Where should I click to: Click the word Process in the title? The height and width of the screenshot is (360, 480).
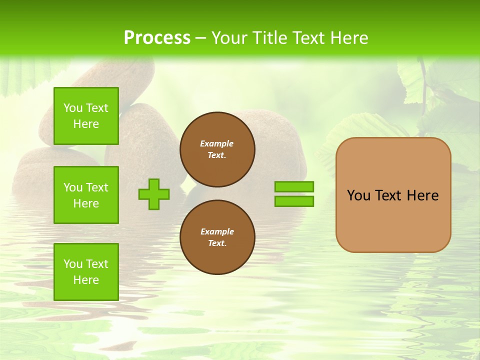coord(157,38)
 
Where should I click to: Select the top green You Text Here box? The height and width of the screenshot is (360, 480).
coord(86,116)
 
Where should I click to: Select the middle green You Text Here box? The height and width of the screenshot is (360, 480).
coord(86,195)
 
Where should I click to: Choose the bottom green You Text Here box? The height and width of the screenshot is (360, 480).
coord(86,271)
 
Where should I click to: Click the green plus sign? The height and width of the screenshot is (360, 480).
coord(153,194)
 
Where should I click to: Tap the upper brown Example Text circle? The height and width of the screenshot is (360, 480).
coord(217,149)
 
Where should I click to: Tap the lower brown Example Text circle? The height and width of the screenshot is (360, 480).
coord(217,237)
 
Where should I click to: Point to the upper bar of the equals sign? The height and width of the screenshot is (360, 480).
coord(294,186)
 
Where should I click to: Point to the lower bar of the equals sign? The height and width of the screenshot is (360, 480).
coord(294,201)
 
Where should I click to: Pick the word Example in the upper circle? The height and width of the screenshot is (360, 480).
coord(216,143)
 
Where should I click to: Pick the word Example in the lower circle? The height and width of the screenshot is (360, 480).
coord(217,231)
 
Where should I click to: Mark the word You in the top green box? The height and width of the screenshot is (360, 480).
coord(73,108)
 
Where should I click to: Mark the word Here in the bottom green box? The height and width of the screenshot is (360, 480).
coord(86,280)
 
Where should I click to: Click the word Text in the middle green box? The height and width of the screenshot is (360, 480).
coord(96,187)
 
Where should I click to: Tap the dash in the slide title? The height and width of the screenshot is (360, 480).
coord(200,38)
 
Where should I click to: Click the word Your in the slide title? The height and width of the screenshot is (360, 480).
coord(228,38)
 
